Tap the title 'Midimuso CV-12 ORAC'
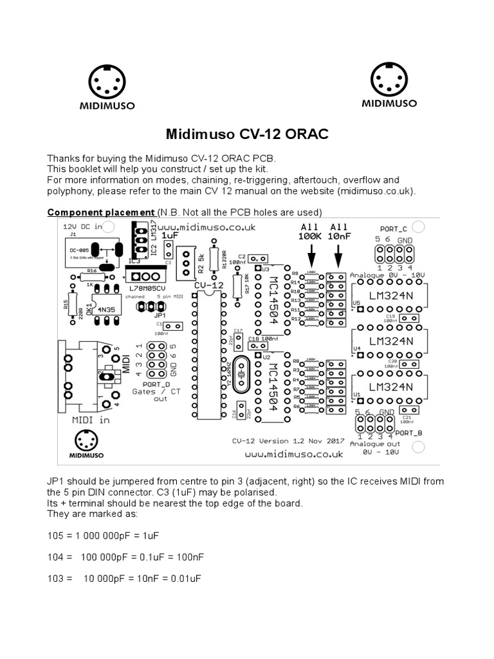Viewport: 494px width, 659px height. tap(247, 134)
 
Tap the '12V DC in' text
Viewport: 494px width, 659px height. tap(82, 227)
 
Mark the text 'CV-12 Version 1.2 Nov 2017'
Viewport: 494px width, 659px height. tap(288, 441)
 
